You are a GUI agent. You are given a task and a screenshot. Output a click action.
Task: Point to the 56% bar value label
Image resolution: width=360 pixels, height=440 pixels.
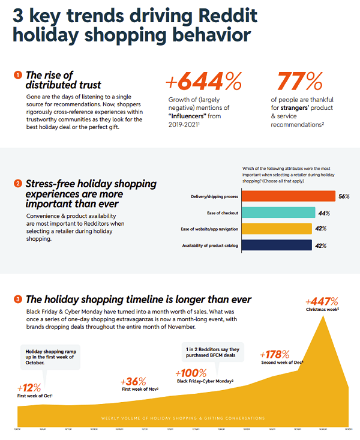coord(344,196)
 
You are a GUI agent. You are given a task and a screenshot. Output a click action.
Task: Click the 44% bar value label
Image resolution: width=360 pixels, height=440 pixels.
coord(323,213)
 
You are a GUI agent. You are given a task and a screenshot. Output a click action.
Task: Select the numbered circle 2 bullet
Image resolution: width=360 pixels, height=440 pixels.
coord(18,183)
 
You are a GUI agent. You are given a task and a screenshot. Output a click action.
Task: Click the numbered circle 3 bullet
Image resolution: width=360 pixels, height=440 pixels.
coord(18,299)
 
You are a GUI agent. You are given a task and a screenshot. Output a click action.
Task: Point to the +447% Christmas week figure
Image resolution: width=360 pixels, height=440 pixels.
coord(322,302)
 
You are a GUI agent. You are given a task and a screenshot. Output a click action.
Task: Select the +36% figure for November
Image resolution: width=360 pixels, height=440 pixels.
coord(133,382)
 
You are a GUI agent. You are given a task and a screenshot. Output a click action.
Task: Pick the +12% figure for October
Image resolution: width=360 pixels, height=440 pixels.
coord(29,387)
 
